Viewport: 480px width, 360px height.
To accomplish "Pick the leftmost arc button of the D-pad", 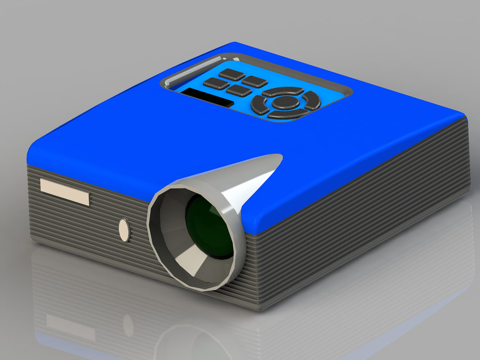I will click(x=260, y=105).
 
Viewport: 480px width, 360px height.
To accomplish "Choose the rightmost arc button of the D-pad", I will click(x=312, y=100).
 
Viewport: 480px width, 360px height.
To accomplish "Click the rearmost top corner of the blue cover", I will click(x=235, y=44).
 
